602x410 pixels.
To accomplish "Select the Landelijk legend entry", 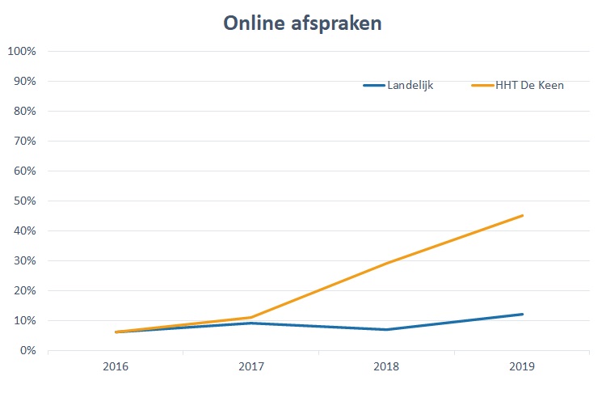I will click(x=410, y=86).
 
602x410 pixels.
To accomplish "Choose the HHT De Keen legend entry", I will click(x=529, y=86).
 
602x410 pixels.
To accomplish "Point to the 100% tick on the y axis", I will click(x=22, y=52).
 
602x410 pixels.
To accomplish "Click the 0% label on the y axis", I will click(x=27, y=351).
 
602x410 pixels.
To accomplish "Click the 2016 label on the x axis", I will click(x=116, y=367).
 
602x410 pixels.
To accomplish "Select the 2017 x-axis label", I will click(x=251, y=367).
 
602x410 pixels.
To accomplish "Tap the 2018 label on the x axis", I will click(x=387, y=367).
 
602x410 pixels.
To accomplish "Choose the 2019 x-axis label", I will click(x=523, y=367).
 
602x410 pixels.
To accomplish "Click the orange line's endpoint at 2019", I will click(x=523, y=215).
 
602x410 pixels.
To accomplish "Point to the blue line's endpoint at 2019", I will click(x=523, y=314).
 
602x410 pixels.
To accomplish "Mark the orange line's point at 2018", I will click(x=387, y=264).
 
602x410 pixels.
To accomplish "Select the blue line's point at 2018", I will click(x=387, y=329).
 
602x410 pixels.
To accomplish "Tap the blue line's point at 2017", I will click(x=251, y=323).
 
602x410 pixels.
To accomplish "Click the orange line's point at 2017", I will click(x=251, y=317).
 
